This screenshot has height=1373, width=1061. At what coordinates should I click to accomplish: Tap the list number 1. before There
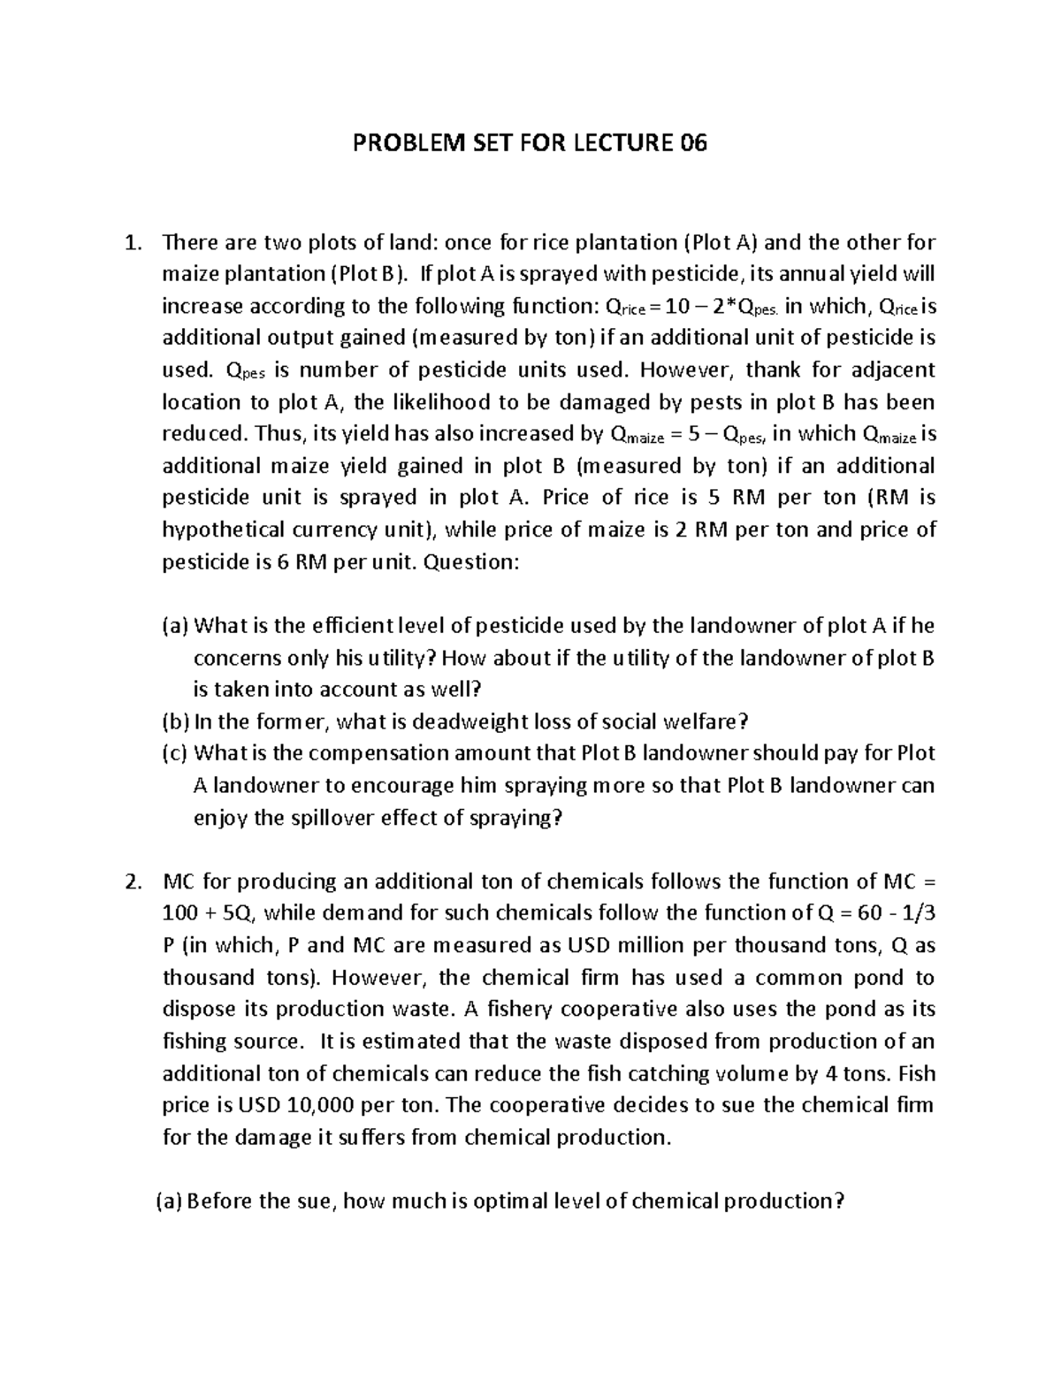click(x=134, y=242)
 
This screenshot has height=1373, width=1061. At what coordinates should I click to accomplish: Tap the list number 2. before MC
click(x=134, y=881)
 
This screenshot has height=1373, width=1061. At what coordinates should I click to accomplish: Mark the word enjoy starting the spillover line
click(x=220, y=818)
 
